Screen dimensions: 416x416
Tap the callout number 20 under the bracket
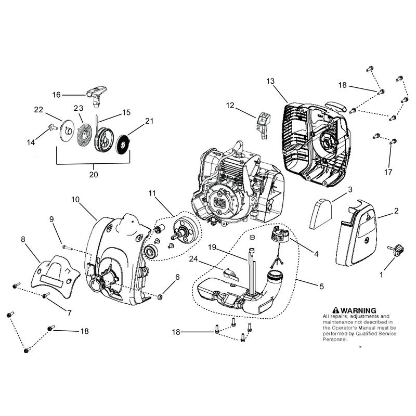click(94, 175)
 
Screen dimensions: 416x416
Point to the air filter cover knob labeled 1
click(396, 251)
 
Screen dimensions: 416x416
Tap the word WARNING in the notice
click(358, 310)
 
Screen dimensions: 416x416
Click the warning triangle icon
click(336, 310)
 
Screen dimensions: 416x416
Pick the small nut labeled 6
click(160, 297)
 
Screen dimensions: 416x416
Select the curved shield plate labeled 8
click(56, 276)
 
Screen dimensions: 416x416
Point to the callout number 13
click(270, 81)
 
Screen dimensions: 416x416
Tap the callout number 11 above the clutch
click(152, 193)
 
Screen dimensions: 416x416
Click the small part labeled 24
click(231, 274)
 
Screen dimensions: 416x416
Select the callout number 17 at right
click(388, 172)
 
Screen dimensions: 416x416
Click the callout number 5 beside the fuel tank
click(322, 287)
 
